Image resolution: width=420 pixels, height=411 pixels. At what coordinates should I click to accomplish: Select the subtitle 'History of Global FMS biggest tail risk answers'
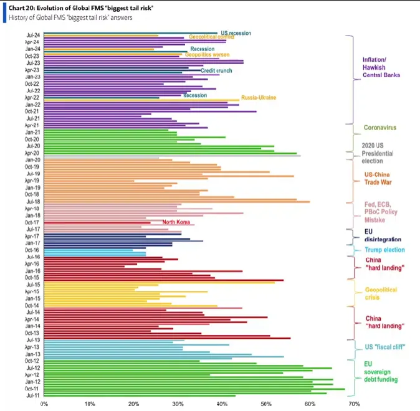click(72, 17)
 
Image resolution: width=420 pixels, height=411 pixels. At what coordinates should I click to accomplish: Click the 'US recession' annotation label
click(236, 32)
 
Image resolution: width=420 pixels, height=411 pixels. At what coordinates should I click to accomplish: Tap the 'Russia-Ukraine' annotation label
click(259, 98)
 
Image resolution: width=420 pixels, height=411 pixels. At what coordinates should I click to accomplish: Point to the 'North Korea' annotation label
click(176, 222)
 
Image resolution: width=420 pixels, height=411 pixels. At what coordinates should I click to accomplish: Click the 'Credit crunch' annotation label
click(216, 71)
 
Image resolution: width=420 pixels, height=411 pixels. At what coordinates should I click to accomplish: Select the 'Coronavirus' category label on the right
click(379, 128)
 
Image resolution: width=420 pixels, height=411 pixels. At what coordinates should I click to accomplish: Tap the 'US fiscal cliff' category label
click(384, 346)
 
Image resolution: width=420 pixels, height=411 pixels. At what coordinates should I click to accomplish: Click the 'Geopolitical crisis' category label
click(381, 293)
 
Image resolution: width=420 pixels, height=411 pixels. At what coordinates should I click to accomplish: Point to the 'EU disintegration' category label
click(382, 235)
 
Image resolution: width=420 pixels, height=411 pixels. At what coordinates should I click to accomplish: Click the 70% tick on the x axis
click(355, 404)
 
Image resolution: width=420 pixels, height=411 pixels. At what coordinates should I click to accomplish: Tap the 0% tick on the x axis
click(44, 404)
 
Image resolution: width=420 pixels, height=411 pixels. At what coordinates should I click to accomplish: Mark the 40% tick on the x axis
click(222, 404)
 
